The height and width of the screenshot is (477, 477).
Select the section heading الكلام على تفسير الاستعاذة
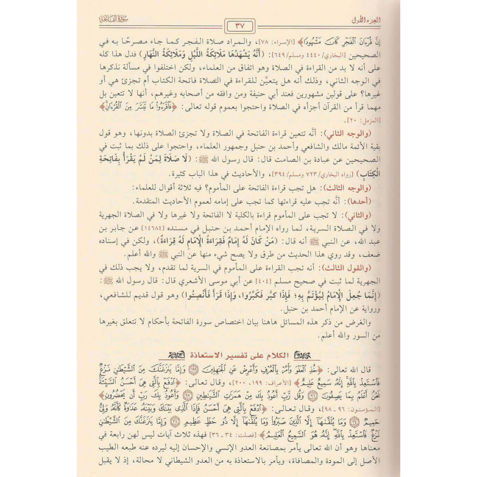[238, 355]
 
